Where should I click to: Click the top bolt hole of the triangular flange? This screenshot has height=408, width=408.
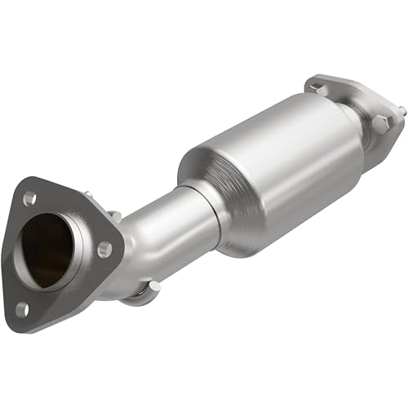coord(30,197)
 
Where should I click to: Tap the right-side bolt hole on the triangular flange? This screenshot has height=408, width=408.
coord(104,249)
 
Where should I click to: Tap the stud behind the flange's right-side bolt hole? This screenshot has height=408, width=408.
coord(115,215)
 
